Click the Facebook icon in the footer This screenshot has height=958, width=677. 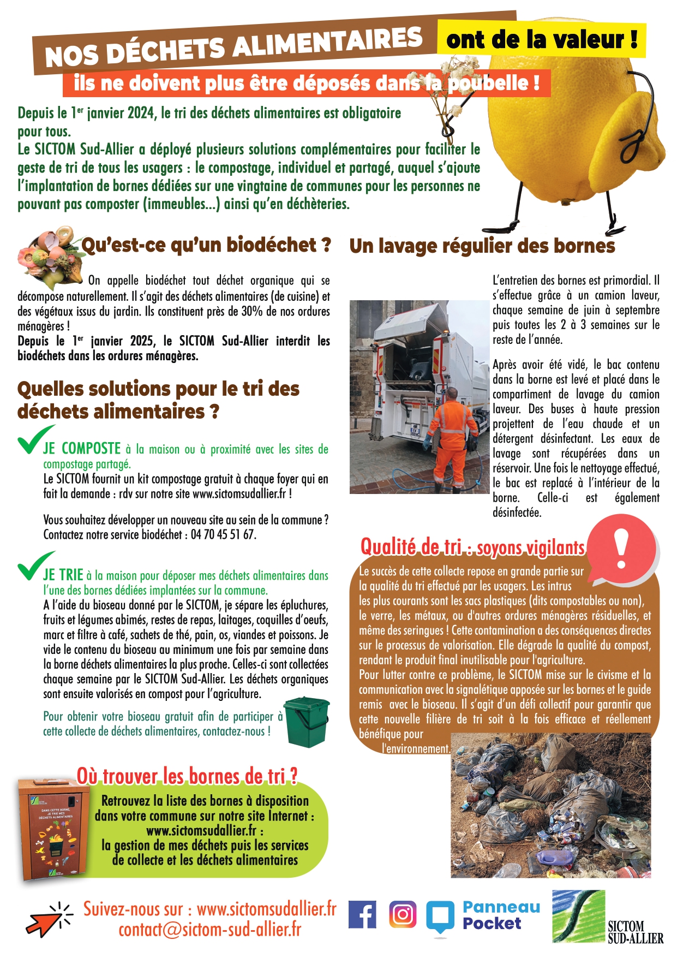(x=362, y=914)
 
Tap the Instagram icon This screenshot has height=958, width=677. (x=403, y=914)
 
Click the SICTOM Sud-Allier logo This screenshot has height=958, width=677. (x=607, y=918)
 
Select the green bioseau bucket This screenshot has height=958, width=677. (x=307, y=722)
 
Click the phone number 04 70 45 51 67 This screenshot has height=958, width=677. (x=223, y=535)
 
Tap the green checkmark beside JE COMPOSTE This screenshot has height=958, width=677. (x=34, y=440)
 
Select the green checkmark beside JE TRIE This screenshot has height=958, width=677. (x=34, y=566)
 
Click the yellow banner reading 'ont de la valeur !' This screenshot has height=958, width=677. (x=541, y=39)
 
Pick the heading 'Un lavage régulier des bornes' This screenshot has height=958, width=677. (x=482, y=246)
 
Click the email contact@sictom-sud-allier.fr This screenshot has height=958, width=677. (x=210, y=930)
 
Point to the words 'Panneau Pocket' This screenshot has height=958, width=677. (x=501, y=915)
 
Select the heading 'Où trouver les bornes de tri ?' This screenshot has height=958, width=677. (x=187, y=776)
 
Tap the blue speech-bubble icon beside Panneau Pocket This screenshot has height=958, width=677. (x=440, y=917)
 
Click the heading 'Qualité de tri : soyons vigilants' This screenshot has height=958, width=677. (x=472, y=547)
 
